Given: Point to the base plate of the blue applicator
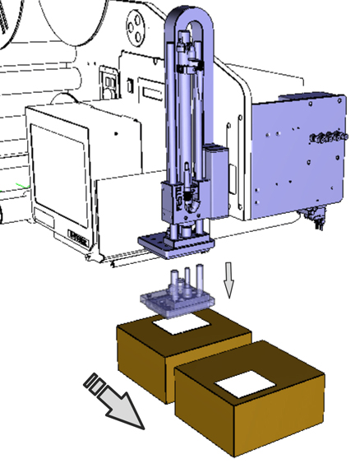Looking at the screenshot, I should click(x=176, y=243).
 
